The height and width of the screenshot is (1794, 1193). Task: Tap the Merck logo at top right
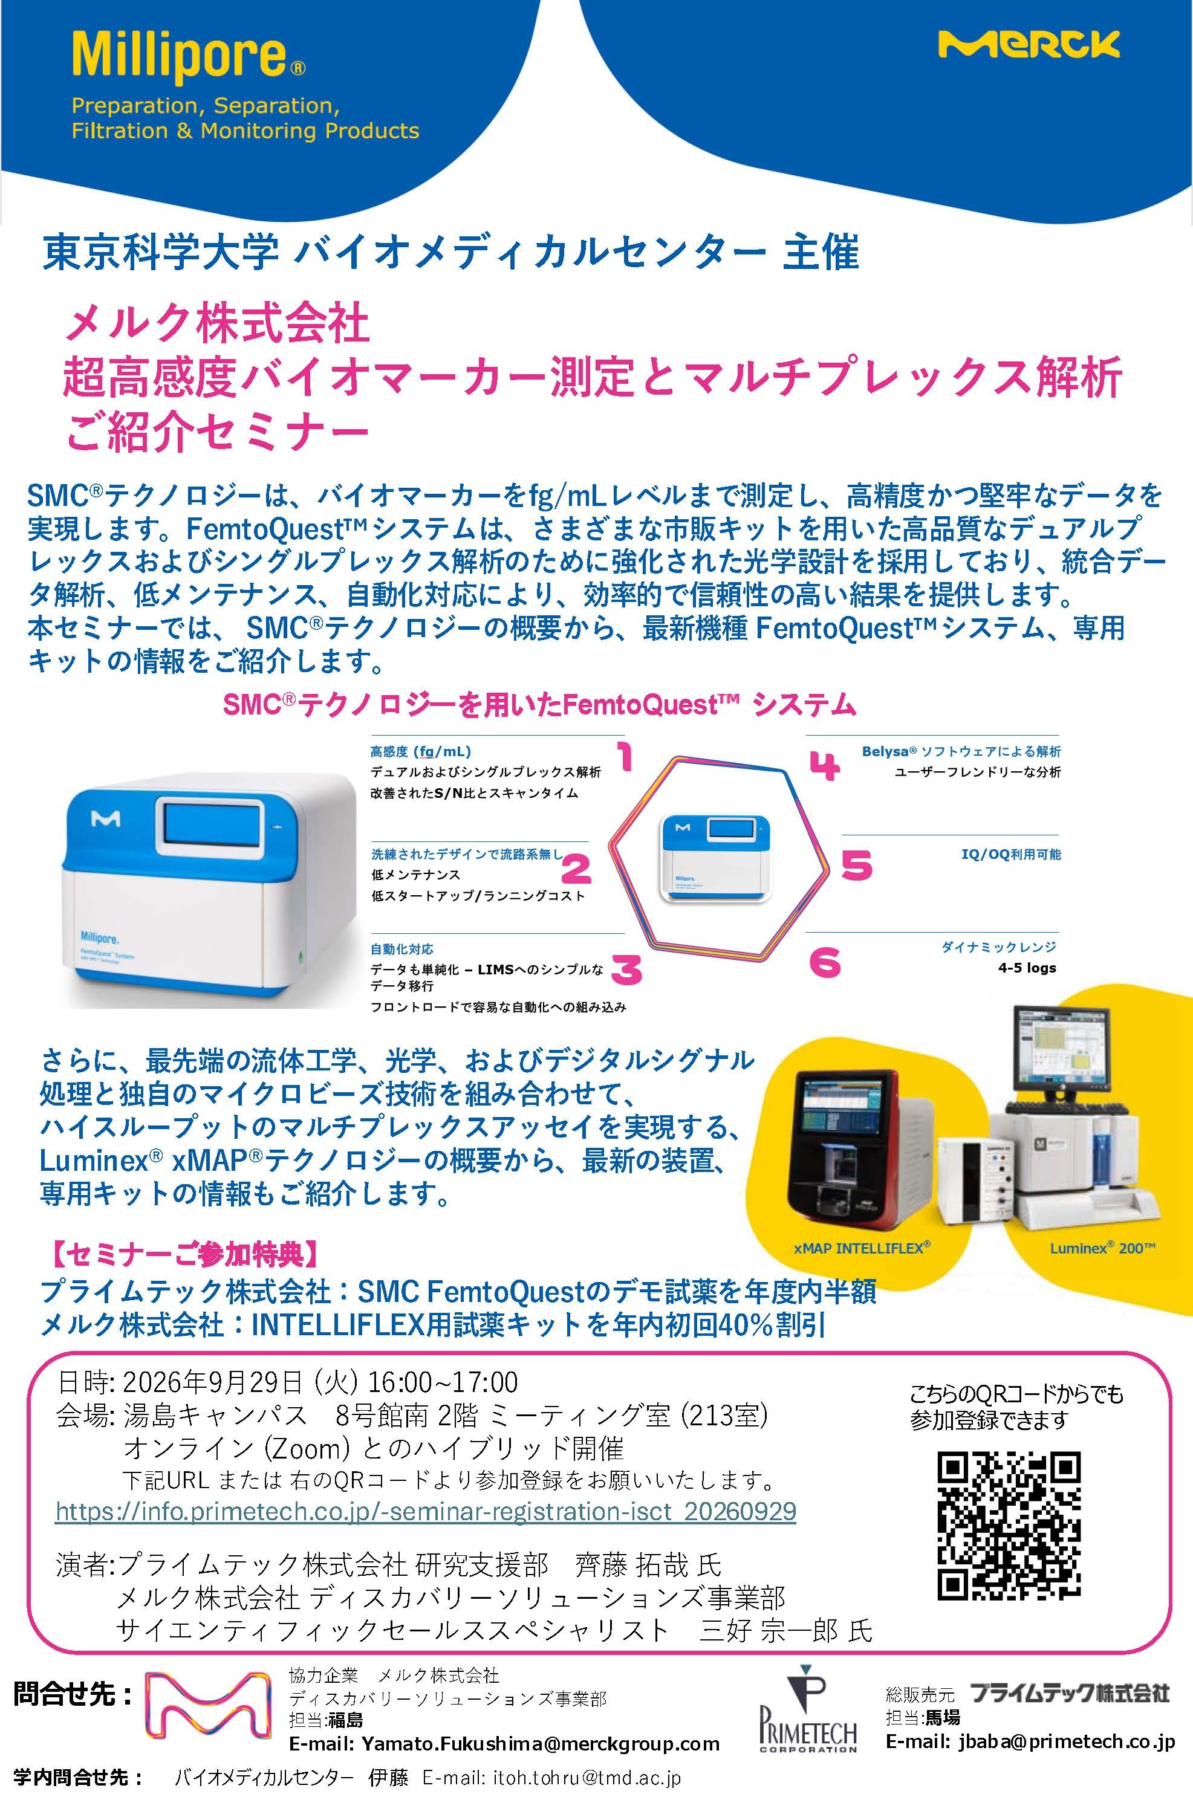click(1029, 44)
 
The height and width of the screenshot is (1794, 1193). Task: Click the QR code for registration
click(1009, 1526)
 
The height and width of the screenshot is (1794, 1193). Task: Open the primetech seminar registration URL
click(426, 1511)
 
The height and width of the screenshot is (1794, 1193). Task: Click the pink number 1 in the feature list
click(625, 757)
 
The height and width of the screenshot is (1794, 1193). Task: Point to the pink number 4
click(824, 766)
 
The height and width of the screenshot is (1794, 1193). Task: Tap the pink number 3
click(626, 969)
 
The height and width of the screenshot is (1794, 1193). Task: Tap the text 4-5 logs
click(1027, 968)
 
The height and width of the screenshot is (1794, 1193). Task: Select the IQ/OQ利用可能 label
click(1011, 854)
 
